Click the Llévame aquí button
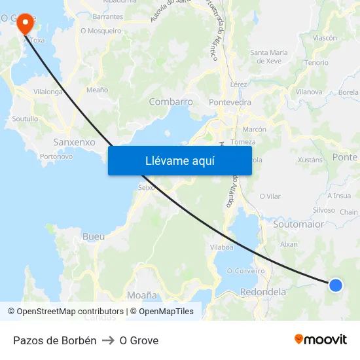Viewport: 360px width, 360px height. pos(179,160)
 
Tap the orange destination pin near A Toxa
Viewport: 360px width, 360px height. pos(25,24)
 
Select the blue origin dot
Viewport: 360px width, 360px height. pos(335,285)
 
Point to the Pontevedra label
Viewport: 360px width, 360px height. pos(230,102)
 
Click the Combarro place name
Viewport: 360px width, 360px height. pos(171,101)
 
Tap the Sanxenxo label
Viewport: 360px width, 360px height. pos(74,141)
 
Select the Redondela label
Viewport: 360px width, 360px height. pos(263,292)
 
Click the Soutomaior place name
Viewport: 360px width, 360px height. pos(298,224)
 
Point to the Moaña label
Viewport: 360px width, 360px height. pos(142,295)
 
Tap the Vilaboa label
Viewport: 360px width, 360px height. pos(221,247)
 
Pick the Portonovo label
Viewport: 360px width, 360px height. pos(56,156)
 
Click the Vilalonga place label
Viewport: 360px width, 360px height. pos(48,92)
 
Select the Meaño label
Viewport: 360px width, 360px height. pos(97,90)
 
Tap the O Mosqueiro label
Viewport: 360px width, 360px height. pos(101,31)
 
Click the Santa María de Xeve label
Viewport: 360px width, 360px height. pos(269,56)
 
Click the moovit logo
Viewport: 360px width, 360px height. pos(320,339)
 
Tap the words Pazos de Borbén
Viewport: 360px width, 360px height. pos(55,340)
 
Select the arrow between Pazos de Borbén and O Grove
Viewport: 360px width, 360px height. pos(108,340)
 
